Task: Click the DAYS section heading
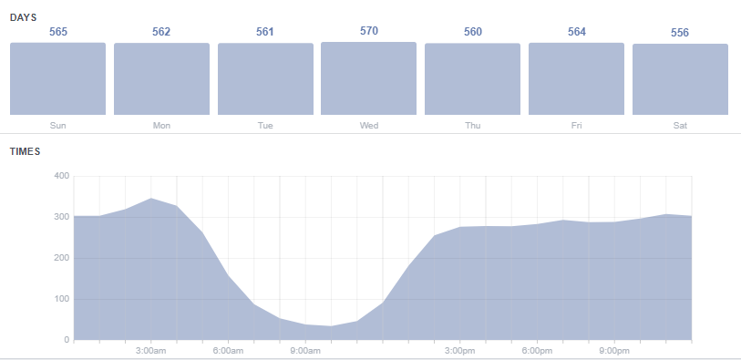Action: (x=23, y=18)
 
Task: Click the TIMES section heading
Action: (x=26, y=151)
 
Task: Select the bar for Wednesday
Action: (x=369, y=78)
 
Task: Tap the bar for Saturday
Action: (x=680, y=79)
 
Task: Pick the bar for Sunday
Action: (x=58, y=78)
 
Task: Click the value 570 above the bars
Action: (x=369, y=31)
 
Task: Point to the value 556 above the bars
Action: (x=680, y=33)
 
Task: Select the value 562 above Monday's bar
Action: (x=161, y=32)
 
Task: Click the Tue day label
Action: (x=265, y=125)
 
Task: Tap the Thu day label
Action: (x=473, y=125)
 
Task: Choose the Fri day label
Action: (x=576, y=125)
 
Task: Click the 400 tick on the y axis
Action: (x=61, y=176)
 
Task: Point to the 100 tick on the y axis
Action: (x=61, y=299)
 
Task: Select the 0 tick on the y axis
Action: (x=67, y=340)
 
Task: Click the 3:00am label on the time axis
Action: (x=150, y=351)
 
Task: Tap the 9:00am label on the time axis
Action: (x=305, y=351)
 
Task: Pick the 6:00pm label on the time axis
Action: (x=537, y=351)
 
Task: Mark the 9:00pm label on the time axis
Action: (x=614, y=351)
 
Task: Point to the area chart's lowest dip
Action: (x=332, y=326)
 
